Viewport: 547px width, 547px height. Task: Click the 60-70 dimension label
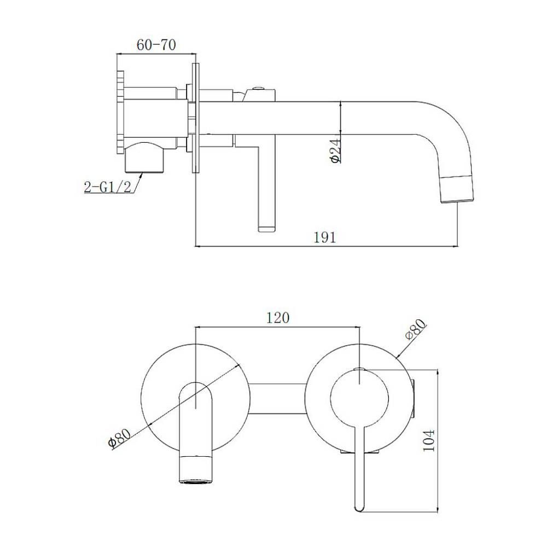[x=156, y=45]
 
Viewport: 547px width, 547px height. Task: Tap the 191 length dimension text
[x=325, y=237]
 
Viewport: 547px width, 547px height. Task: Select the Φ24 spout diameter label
[x=335, y=150]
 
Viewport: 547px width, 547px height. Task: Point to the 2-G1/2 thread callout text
[x=107, y=187]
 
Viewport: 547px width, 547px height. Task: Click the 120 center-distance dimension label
[x=278, y=318]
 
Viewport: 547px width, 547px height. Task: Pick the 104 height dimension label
[x=429, y=440]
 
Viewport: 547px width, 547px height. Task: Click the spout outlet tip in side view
[x=458, y=201]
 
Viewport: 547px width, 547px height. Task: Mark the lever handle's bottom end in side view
[x=266, y=229]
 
